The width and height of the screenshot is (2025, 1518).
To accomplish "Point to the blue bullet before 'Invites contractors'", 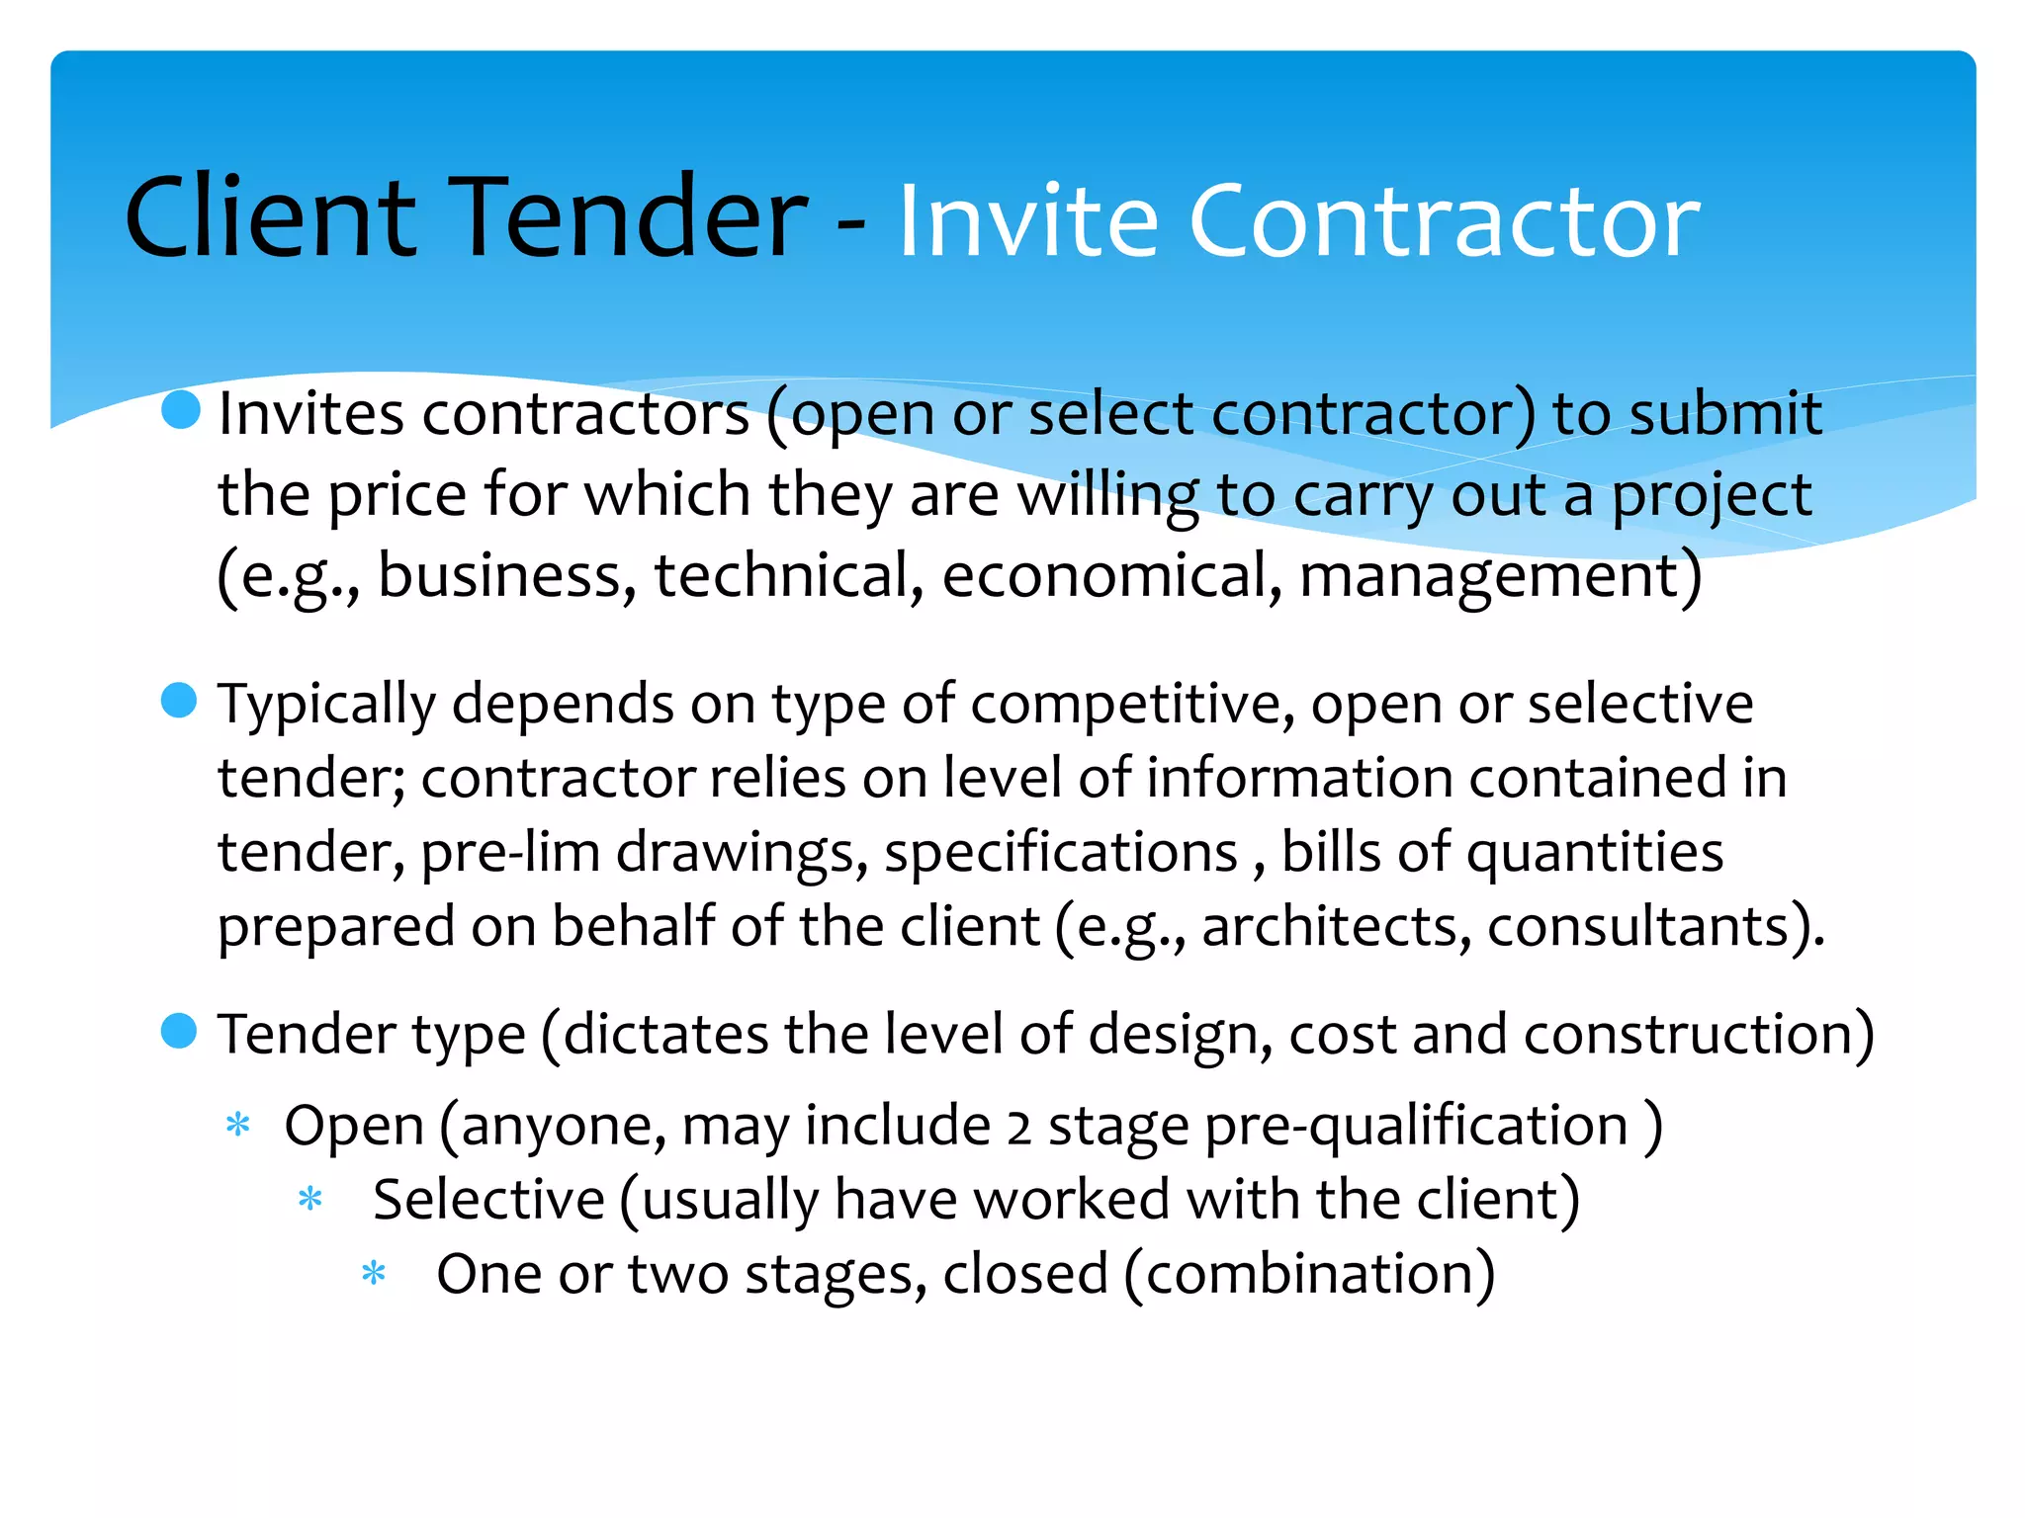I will coord(181,408).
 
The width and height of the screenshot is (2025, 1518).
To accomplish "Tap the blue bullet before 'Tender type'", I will coord(179,1031).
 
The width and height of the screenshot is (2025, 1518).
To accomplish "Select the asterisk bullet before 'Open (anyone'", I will coord(237,1125).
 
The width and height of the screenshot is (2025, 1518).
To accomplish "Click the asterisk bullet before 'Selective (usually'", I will coord(310,1199).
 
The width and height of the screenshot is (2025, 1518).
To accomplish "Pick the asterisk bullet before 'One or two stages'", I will coord(374,1273).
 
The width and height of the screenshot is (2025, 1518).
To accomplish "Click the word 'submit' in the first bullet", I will coord(1724,413).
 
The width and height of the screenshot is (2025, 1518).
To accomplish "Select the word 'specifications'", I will coord(1060,852).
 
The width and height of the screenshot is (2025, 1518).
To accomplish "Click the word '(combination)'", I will coord(1309,1275).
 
